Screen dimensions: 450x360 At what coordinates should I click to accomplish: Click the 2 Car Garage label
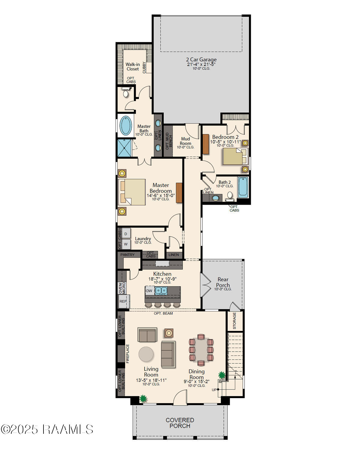(201, 60)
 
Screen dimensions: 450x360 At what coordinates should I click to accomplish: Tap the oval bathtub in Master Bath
(126, 125)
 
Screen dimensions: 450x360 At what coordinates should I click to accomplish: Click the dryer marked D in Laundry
(126, 234)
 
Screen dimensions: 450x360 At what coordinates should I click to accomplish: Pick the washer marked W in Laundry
(126, 244)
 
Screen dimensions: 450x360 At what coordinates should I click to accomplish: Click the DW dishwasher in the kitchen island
(149, 291)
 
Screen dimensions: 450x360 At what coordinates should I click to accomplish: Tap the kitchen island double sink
(161, 290)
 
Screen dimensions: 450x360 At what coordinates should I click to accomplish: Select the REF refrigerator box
(123, 301)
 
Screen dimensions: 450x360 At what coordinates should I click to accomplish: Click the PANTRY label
(127, 255)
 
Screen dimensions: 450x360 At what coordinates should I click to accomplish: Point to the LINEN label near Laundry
(174, 255)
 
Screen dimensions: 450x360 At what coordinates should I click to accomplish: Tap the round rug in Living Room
(146, 354)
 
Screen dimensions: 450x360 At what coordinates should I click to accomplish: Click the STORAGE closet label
(235, 321)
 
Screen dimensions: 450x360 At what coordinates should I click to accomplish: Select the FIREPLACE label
(127, 354)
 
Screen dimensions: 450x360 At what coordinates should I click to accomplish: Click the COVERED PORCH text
(180, 423)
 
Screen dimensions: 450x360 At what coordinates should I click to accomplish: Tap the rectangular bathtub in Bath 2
(243, 187)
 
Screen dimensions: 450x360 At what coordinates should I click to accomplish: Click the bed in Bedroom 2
(234, 156)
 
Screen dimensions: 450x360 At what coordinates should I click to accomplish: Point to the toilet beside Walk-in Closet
(126, 94)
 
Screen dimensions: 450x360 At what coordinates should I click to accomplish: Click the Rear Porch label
(223, 282)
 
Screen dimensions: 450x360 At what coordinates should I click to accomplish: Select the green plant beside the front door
(143, 399)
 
